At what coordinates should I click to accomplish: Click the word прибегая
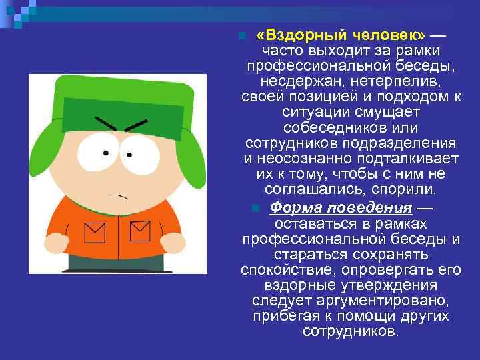286,315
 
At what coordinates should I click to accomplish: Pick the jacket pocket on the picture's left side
95,233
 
